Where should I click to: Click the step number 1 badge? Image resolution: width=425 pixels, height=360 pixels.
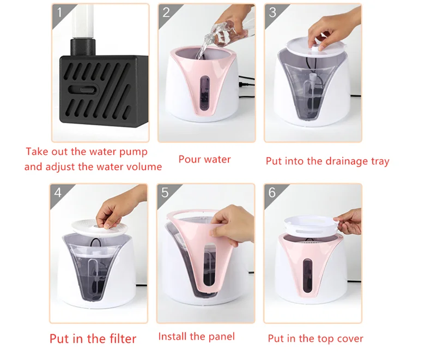click(59, 13)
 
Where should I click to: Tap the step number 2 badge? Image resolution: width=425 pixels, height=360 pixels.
click(166, 13)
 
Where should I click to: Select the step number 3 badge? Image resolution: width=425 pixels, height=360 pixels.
click(272, 13)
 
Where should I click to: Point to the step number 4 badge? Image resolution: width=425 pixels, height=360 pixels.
click(58, 193)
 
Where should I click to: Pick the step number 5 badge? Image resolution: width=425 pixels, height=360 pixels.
click(165, 193)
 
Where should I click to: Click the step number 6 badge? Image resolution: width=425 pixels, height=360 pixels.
click(272, 193)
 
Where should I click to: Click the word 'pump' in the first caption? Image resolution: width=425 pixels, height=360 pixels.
click(133, 152)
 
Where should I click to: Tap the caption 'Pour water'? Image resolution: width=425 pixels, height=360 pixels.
click(205, 159)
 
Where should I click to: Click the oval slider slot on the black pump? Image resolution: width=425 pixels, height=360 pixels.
click(83, 90)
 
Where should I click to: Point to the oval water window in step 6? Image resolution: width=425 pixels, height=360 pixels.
click(307, 275)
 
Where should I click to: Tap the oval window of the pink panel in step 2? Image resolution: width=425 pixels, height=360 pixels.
click(205, 93)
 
